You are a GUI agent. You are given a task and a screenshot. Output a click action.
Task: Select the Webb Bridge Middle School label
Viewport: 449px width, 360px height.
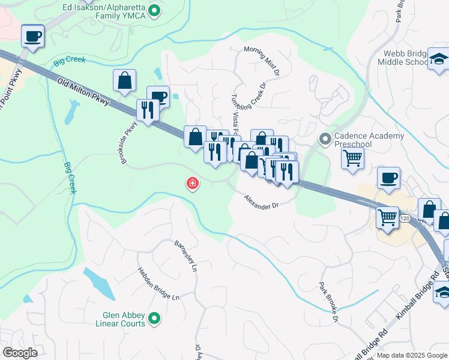(406, 58)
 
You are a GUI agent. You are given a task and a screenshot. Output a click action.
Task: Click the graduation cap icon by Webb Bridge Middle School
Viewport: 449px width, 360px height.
(439, 59)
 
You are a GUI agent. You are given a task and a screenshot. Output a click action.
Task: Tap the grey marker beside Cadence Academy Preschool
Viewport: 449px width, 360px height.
(325, 139)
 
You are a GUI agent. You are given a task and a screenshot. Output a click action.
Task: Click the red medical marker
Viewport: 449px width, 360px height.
(193, 183)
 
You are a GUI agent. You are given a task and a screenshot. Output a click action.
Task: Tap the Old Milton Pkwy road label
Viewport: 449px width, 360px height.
(83, 93)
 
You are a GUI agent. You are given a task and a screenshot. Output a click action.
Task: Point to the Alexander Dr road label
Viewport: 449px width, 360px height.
(261, 202)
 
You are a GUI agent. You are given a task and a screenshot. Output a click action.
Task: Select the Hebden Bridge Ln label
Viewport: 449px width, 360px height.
(158, 284)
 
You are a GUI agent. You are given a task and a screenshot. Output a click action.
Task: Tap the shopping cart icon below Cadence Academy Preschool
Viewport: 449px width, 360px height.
(352, 158)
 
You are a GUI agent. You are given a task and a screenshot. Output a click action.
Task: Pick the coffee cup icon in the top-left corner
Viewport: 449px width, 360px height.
(32, 36)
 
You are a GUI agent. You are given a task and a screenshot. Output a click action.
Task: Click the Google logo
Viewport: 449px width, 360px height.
(20, 353)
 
